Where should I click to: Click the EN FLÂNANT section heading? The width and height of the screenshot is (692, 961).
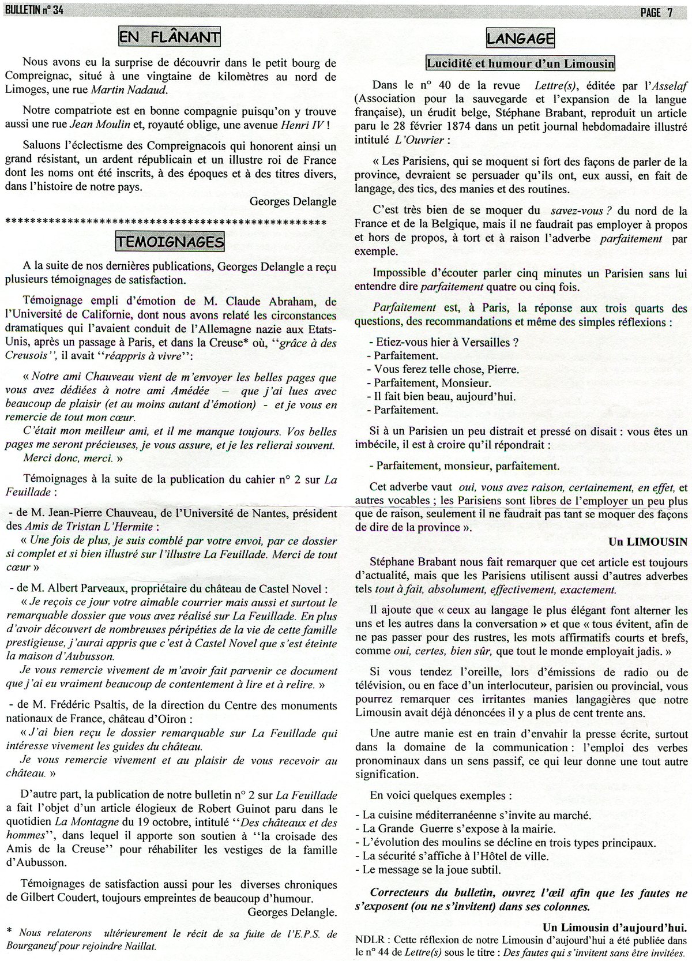pos(169,37)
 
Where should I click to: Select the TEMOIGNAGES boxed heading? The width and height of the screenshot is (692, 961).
pos(170,241)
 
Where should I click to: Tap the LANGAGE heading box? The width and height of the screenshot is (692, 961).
pos(520,38)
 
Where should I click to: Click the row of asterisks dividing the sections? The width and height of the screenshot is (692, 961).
pos(165,222)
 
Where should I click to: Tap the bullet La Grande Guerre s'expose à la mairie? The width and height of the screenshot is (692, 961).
pos(458,828)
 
